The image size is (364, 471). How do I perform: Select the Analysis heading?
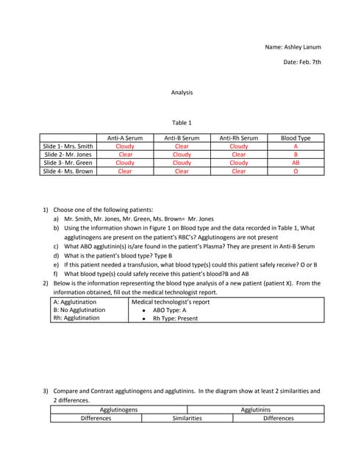click(182, 93)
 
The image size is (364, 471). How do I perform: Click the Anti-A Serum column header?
click(125, 138)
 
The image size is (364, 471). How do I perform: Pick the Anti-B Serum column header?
click(182, 138)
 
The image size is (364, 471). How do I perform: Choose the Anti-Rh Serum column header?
click(238, 138)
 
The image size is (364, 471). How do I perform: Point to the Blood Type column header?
click(296, 138)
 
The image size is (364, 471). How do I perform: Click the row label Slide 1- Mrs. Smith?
click(68, 146)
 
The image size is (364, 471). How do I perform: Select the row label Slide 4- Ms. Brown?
click(68, 171)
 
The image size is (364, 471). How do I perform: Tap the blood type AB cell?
click(296, 163)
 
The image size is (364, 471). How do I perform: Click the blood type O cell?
click(296, 171)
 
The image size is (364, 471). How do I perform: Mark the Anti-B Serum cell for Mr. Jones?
click(182, 155)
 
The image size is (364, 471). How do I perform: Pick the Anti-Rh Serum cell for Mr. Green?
click(238, 163)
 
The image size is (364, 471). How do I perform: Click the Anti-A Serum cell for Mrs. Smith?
click(125, 146)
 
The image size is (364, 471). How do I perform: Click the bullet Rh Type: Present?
click(175, 318)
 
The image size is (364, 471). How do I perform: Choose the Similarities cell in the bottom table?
click(187, 418)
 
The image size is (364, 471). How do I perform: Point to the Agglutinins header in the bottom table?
click(255, 409)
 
